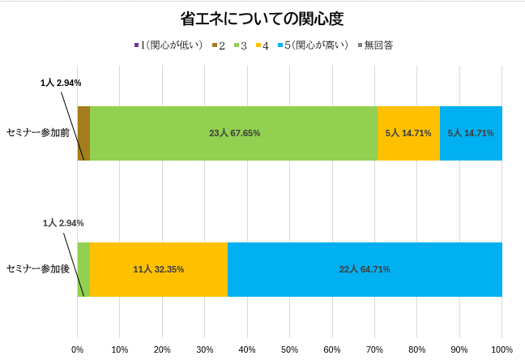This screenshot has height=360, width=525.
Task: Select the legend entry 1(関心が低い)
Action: pos(168,45)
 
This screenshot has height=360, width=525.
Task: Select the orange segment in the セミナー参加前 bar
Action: pos(408,133)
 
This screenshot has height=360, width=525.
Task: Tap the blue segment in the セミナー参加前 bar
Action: pos(471,133)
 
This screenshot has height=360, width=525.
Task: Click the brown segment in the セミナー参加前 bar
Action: pos(83,133)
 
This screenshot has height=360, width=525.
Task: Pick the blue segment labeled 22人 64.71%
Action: pos(365,269)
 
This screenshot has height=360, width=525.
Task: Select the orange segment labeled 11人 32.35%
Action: pos(159,269)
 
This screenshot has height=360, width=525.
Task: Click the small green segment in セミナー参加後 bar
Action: pos(83,269)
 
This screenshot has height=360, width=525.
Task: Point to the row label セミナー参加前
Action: pos(37,133)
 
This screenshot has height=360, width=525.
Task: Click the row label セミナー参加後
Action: pos(37,268)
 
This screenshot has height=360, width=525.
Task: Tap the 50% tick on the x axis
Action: pos(289,349)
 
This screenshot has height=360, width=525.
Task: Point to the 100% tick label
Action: pos(502,349)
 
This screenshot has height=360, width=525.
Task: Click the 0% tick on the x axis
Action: pos(78,349)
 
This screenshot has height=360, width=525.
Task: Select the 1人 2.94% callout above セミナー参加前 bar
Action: pos(61,83)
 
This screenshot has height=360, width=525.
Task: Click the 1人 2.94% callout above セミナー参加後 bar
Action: pos(63,223)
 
